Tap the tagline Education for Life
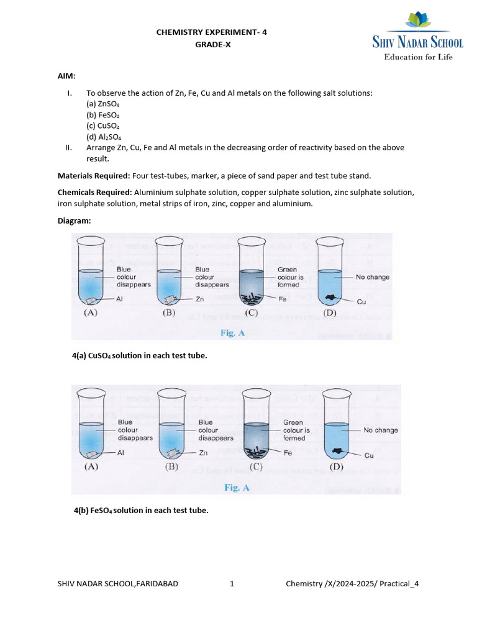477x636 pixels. [x=418, y=57]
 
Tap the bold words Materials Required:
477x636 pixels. [x=94, y=176]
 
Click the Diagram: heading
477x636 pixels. [x=74, y=220]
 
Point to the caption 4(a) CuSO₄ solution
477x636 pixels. [x=140, y=355]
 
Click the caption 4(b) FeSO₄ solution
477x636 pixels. [x=141, y=510]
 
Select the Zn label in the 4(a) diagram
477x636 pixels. [x=200, y=299]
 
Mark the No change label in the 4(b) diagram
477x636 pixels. [x=381, y=430]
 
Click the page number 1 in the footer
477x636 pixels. [x=232, y=584]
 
